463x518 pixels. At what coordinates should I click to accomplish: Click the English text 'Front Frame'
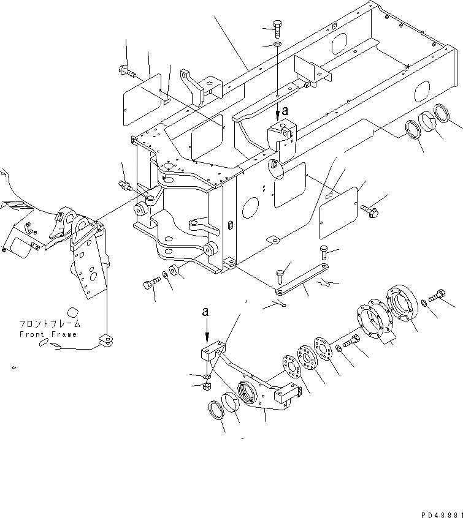coord(48,334)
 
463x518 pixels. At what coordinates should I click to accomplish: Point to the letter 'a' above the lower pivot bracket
coord(206,312)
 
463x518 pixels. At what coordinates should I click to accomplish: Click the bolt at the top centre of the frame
coord(275,29)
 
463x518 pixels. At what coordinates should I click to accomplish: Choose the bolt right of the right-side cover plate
coord(370,210)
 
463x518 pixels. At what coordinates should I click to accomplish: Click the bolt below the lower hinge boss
coord(150,284)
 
